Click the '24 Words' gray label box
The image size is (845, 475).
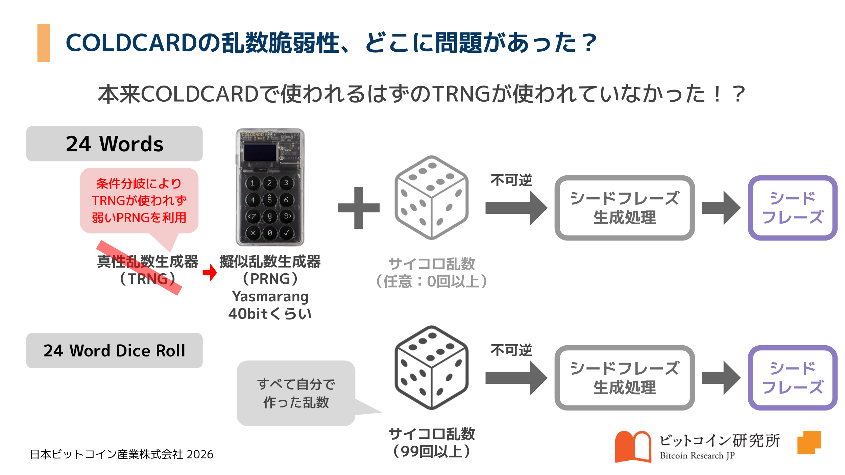[x=114, y=144]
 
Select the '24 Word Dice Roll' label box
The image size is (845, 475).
[x=114, y=350]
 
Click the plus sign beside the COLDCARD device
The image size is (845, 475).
[x=359, y=208]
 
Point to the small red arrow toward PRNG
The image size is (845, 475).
[x=210, y=272]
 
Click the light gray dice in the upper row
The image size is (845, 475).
[x=431, y=197]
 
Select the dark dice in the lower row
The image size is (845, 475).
[x=431, y=368]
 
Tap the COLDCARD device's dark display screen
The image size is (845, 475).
[x=260, y=153]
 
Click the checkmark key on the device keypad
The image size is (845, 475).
[x=287, y=233]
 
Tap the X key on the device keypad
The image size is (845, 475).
[x=253, y=233]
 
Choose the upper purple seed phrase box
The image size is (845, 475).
[x=792, y=208]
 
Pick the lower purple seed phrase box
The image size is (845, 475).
[x=792, y=378]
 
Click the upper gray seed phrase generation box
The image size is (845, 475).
[x=624, y=208]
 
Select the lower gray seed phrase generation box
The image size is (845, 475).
[x=624, y=378]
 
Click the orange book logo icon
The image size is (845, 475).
[x=633, y=446]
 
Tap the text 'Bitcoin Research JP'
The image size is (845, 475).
[x=697, y=455]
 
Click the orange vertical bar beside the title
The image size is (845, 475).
[x=43, y=43]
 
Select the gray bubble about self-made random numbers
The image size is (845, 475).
[x=296, y=393]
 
